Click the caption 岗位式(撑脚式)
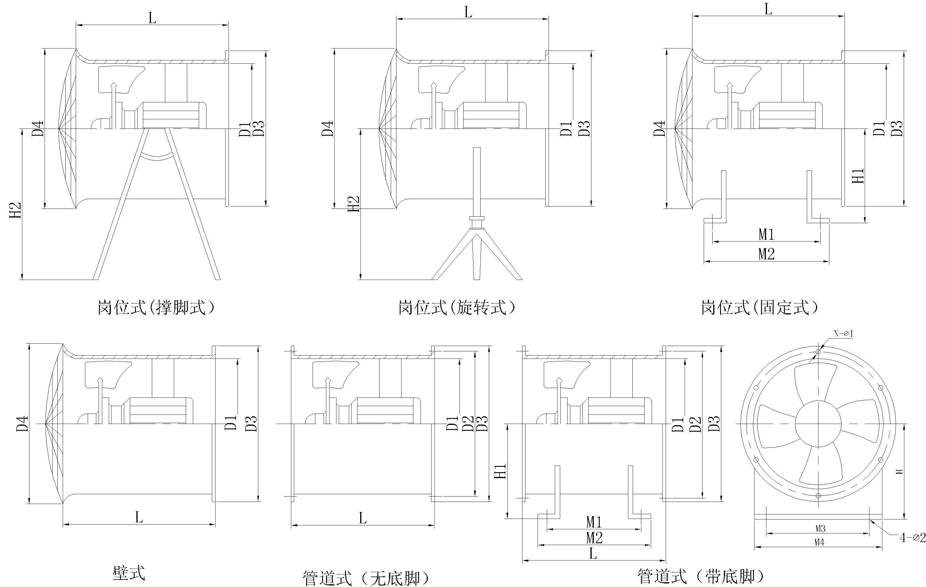click(x=155, y=308)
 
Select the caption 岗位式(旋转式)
click(x=456, y=308)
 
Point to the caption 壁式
click(x=129, y=573)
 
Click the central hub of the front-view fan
click(x=818, y=424)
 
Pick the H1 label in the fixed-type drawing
click(x=858, y=176)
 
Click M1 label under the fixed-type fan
click(x=766, y=234)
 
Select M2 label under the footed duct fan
click(x=594, y=538)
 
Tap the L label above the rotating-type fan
click(x=468, y=12)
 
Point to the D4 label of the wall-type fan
click(x=22, y=423)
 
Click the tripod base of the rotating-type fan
click(x=477, y=254)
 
